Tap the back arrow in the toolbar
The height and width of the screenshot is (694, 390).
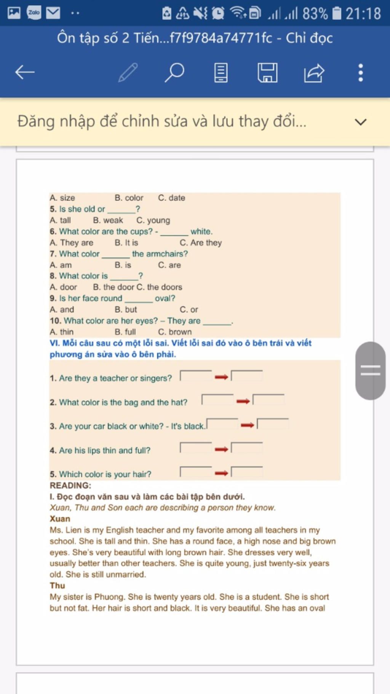pos(25,72)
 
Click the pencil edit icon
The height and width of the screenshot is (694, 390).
pos(128,72)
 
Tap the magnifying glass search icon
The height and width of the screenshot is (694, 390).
pos(174,72)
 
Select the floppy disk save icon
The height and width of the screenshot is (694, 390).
pos(267,72)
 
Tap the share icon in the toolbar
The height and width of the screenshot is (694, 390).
pos(314,72)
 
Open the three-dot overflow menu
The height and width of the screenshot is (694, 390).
pos(360,72)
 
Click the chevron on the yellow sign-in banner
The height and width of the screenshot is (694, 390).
pos(360,122)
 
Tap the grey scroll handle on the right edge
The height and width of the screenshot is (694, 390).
pos(370,370)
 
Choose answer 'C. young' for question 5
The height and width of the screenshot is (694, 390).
pos(153,220)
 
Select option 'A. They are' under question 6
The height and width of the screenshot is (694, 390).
pos(72,243)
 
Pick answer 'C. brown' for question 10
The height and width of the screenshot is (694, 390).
pos(175,332)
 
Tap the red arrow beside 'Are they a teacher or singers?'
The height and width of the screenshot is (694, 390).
pos(221,377)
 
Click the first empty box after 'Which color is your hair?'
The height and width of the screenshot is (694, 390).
pos(196,472)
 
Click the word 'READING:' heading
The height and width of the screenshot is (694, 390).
pos(70,485)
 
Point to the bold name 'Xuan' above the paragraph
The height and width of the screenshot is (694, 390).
pos(60,519)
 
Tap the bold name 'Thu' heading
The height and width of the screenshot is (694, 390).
pos(57,586)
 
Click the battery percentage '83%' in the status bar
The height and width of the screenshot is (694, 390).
pos(315,14)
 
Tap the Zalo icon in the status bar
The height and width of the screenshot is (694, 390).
pos(34,13)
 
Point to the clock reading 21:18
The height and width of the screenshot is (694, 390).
pos(363,14)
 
